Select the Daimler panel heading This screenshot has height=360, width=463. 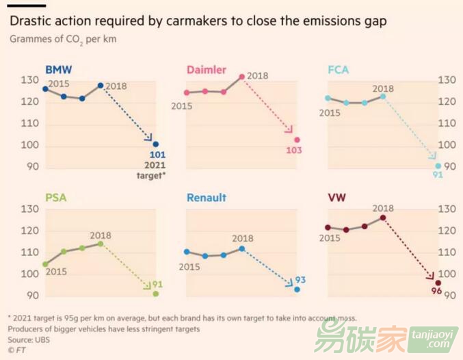click(x=208, y=70)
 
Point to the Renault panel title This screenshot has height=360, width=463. click(x=207, y=198)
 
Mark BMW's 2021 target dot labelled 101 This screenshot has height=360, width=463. click(x=155, y=144)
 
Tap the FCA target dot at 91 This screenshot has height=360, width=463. click(x=438, y=166)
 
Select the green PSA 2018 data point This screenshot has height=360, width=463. click(x=101, y=244)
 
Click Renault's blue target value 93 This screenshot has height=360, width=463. click(x=300, y=281)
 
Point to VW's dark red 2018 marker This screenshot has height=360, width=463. click(x=383, y=218)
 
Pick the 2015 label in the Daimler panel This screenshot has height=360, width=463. click(x=181, y=106)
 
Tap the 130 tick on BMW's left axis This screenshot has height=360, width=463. click(x=29, y=81)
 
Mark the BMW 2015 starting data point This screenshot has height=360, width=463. click(x=45, y=89)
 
